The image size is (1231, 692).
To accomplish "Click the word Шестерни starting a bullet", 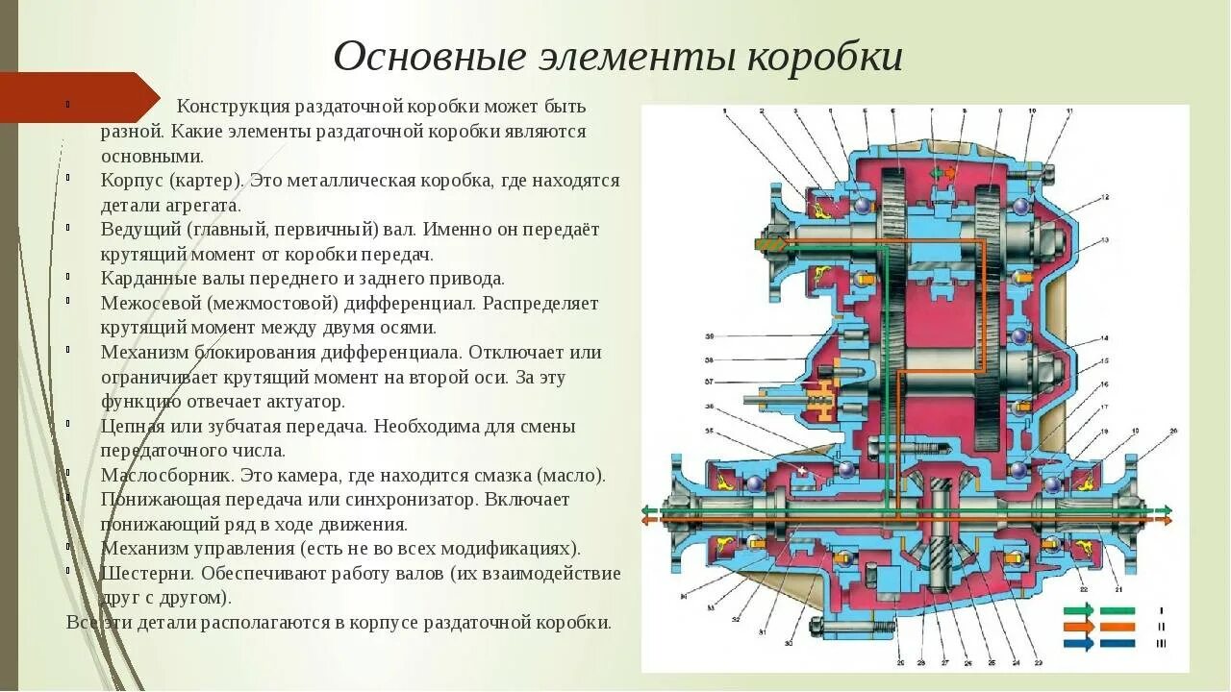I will [140, 574].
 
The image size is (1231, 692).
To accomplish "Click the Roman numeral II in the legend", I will [1162, 627].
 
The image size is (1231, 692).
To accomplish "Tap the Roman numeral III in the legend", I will [1162, 644].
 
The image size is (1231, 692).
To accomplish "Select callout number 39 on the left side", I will [709, 337].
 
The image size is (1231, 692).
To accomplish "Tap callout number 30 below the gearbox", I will [789, 642].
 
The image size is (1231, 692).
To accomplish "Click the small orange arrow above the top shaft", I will [953, 173].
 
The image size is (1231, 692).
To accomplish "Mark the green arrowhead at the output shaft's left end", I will [647, 509].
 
